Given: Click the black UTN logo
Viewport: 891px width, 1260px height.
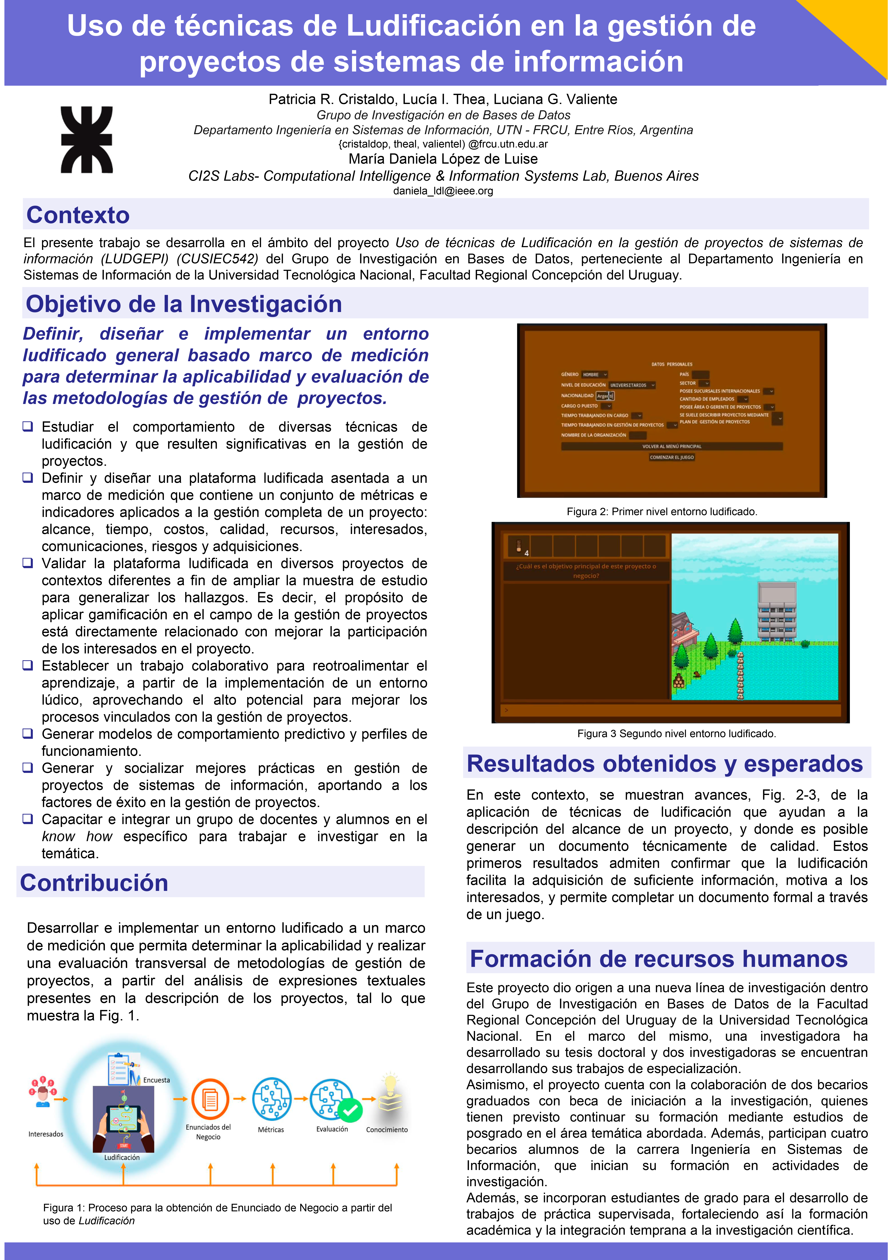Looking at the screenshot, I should [87, 140].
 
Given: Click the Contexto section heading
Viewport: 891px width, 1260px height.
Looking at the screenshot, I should [78, 215].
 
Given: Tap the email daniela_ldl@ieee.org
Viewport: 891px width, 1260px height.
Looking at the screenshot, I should [443, 191].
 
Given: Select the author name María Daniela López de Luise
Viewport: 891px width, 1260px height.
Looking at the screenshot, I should [443, 159].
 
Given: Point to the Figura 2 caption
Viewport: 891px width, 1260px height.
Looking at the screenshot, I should [662, 512].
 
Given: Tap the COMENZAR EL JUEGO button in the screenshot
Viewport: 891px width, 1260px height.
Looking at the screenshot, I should [672, 457].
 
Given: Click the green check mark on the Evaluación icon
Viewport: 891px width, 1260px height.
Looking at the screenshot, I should [350, 1110].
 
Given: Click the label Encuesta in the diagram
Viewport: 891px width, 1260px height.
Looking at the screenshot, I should [156, 1080].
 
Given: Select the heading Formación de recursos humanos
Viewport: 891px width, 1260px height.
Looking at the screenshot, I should [658, 959].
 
